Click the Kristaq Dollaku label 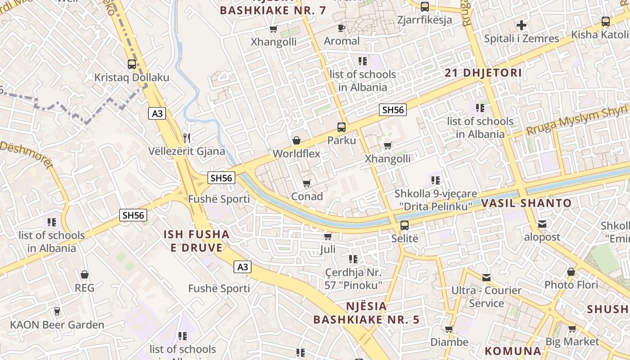(131, 77)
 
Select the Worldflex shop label (296, 153)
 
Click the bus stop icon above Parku (342, 127)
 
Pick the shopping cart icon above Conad (307, 183)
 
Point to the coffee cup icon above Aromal (342, 28)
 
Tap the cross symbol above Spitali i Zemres (522, 25)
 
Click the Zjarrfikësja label (424, 20)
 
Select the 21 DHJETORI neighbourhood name (483, 73)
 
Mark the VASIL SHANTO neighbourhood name (526, 203)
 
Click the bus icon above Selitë (405, 225)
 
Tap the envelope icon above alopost (542, 224)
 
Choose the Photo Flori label (571, 285)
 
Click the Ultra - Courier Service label (486, 297)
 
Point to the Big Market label (572, 342)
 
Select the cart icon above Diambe (449, 329)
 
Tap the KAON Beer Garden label (57, 324)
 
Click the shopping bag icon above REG (85, 274)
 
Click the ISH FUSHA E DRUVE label (196, 241)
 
